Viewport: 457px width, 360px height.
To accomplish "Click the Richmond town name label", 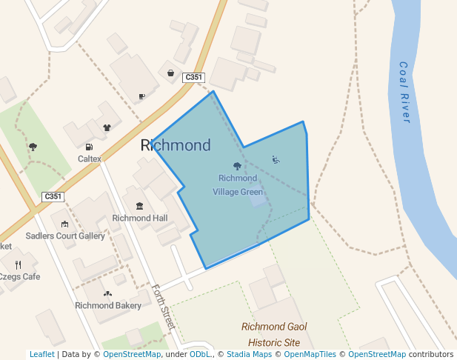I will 176,145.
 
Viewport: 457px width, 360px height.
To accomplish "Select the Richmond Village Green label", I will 238,185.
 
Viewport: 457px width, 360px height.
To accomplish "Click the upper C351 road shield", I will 193,77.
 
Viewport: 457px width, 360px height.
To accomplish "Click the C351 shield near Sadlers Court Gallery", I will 53,196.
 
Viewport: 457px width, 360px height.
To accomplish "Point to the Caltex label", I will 90,159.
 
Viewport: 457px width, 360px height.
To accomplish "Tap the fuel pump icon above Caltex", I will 90,147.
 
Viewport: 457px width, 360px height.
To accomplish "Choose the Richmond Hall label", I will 140,218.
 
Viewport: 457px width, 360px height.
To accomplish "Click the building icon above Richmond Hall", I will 139,205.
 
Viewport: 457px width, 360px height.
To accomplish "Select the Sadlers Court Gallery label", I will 65,236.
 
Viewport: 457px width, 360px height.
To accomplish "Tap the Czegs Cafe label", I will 20,276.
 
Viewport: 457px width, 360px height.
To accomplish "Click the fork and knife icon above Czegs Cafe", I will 19,264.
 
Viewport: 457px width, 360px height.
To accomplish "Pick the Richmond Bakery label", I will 108,305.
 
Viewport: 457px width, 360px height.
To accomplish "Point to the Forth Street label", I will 162,307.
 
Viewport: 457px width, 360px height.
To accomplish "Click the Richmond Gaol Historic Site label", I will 274,335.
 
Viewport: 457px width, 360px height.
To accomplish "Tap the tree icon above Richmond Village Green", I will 237,166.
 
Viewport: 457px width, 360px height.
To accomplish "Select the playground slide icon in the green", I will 276,159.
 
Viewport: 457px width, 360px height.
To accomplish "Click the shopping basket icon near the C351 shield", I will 171,73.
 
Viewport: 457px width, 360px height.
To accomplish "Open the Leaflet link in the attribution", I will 41,354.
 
